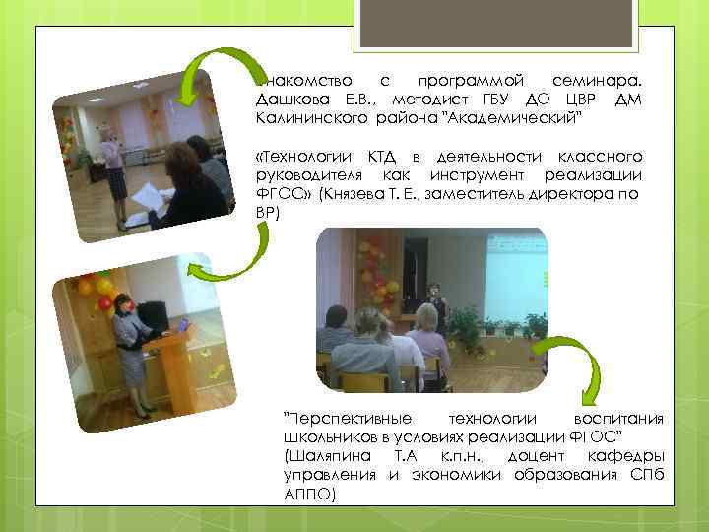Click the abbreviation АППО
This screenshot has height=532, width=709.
[x=309, y=493]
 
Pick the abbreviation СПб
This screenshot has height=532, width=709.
[x=645, y=474]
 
